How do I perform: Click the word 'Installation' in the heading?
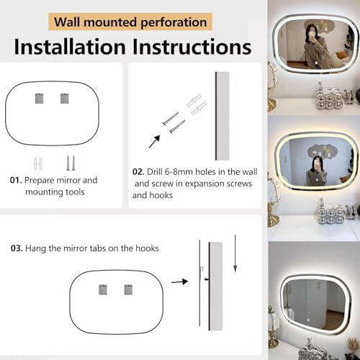pyautogui.click(x=70, y=47)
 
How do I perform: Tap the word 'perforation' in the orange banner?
pyautogui.click(x=174, y=22)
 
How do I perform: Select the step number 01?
pyautogui.click(x=16, y=180)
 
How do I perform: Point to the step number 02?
pyautogui.click(x=138, y=172)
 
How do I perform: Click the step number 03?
pyautogui.click(x=17, y=248)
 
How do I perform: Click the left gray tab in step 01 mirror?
pyautogui.click(x=39, y=99)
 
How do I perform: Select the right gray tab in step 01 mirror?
pyautogui.click(x=65, y=99)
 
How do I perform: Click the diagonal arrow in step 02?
pyautogui.click(x=154, y=142)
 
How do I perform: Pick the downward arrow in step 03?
pyautogui.click(x=235, y=253)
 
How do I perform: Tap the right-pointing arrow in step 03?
pyautogui.click(x=179, y=282)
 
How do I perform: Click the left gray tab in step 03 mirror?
pyautogui.click(x=103, y=289)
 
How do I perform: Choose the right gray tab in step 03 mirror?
pyautogui.click(x=128, y=289)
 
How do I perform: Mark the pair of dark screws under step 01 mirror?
pyautogui.click(x=71, y=163)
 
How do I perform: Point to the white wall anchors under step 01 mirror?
pyautogui.click(x=38, y=163)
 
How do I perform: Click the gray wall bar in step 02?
pyautogui.click(x=222, y=116)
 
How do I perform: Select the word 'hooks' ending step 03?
pyautogui.click(x=147, y=248)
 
